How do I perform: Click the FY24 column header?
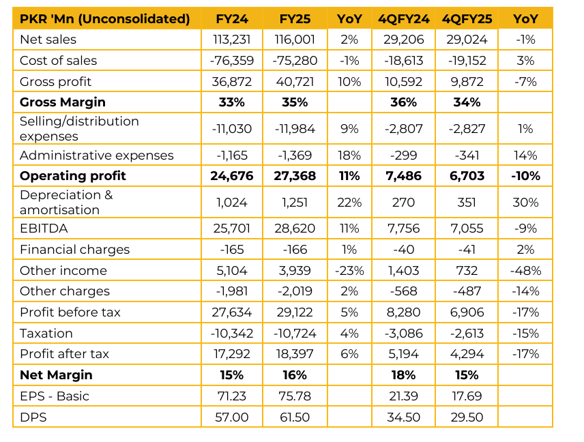tap(232, 18)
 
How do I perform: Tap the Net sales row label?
tap(48, 40)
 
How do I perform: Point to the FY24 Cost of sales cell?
tap(232, 61)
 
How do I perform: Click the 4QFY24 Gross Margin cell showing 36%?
tap(403, 102)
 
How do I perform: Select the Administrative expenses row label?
tap(97, 156)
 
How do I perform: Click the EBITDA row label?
tap(44, 229)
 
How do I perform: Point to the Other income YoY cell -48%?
tap(525, 271)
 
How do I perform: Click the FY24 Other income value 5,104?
tap(232, 271)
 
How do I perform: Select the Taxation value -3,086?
tap(403, 334)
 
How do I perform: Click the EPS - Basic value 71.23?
tap(232, 396)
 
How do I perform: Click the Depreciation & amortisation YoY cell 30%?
tap(525, 203)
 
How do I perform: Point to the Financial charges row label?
tap(75, 250)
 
